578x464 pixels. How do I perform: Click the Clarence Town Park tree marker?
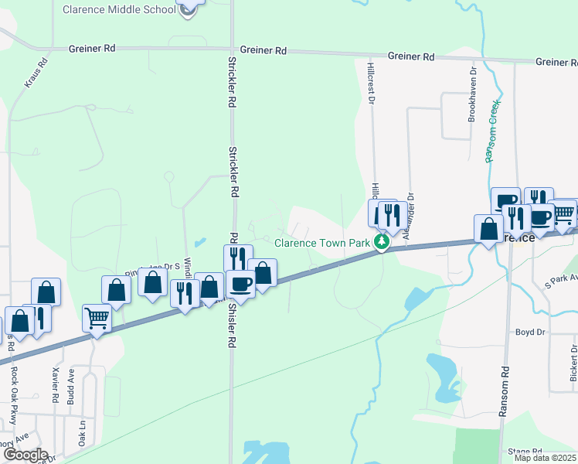(381, 243)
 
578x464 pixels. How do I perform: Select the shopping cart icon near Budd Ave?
(97, 316)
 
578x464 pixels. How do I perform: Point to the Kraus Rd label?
(37, 71)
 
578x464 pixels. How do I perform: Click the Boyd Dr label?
(530, 332)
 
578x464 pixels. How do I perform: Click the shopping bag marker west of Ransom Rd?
(488, 229)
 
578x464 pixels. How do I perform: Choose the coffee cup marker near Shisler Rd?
(240, 284)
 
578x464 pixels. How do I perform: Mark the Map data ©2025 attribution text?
(545, 458)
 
